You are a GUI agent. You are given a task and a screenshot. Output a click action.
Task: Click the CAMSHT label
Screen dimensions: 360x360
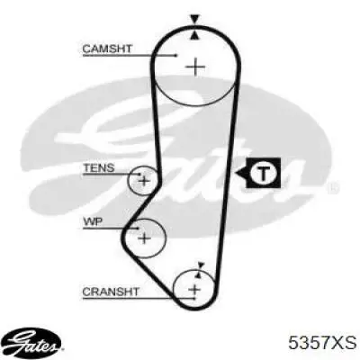pos(107,49)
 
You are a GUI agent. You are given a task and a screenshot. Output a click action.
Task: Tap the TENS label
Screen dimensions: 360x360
pos(99,167)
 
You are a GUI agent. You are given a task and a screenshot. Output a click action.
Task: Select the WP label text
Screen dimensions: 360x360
pos(93,221)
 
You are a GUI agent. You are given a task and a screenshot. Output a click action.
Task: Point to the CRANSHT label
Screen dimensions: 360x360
pos(111,292)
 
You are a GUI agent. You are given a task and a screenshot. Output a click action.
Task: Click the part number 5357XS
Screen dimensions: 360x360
pos(322,342)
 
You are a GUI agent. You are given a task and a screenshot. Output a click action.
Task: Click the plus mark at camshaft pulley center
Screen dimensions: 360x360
pos(195,67)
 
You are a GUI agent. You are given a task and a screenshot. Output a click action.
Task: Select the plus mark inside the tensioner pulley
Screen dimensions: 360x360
pos(144,181)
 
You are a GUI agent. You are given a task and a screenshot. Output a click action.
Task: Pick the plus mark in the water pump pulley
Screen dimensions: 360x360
pos(145,238)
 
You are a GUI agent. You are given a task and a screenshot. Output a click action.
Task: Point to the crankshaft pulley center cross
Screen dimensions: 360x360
pos(194,290)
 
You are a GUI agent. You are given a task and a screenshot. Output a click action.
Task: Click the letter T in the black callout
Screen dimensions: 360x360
pos(264,173)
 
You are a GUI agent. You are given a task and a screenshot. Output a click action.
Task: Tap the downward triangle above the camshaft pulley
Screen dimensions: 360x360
pos(195,20)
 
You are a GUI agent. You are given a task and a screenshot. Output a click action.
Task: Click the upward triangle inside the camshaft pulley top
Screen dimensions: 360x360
pos(195,35)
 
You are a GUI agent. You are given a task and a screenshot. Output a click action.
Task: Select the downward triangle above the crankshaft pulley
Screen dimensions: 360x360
pos(201,265)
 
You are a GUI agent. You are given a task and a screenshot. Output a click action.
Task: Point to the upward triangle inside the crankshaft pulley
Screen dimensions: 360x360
pos(198,274)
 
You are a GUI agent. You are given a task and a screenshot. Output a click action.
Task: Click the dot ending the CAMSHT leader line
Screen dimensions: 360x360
pos(176,56)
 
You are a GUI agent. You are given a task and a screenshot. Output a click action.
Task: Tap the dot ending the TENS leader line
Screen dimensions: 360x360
pos(139,174)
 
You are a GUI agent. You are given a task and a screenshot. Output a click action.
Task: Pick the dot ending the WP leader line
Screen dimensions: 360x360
pos(138,229)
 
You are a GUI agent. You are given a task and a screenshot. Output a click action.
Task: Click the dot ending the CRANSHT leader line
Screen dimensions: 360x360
pos(194,299)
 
